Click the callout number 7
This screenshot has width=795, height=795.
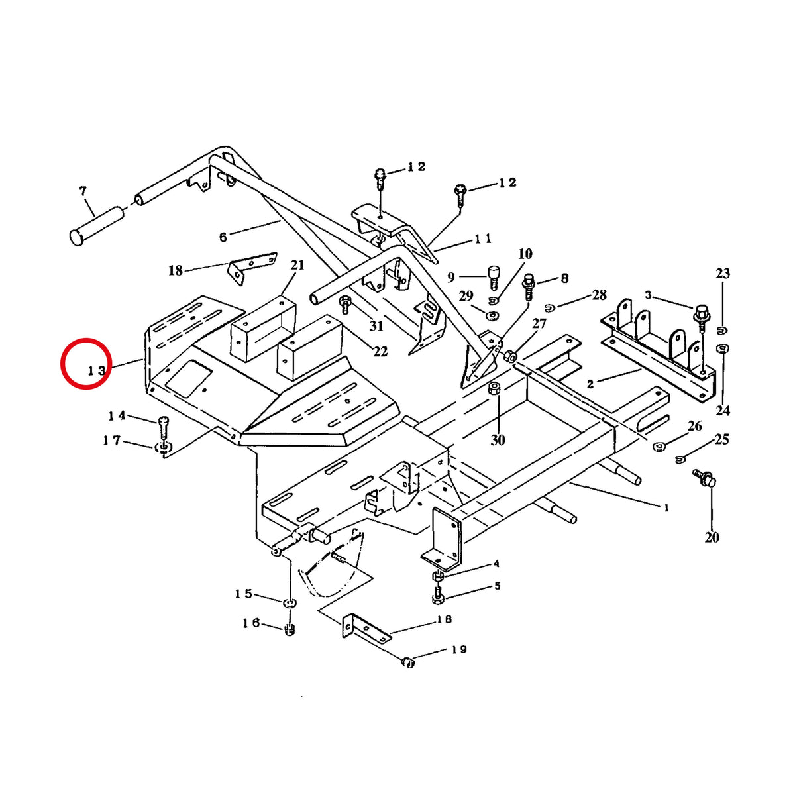tap(83, 191)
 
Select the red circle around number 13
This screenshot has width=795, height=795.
tap(86, 363)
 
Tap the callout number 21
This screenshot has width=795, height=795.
tap(297, 265)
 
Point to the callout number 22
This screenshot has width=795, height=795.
tap(380, 352)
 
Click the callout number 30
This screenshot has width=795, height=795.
tap(498, 440)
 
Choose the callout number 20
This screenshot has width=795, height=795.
tap(712, 537)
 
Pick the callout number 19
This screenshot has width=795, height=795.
tap(458, 650)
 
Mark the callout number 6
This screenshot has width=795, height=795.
tap(223, 237)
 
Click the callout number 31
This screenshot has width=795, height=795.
tap(376, 326)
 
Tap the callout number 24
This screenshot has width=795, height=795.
tap(722, 411)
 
